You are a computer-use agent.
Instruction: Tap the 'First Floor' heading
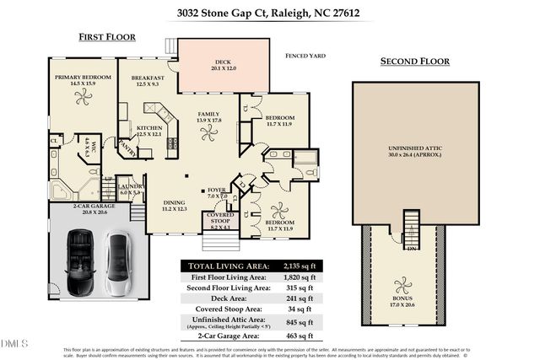click(107, 37)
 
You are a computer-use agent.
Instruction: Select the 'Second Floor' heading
click(413, 62)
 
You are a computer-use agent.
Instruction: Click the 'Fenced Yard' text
click(305, 56)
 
